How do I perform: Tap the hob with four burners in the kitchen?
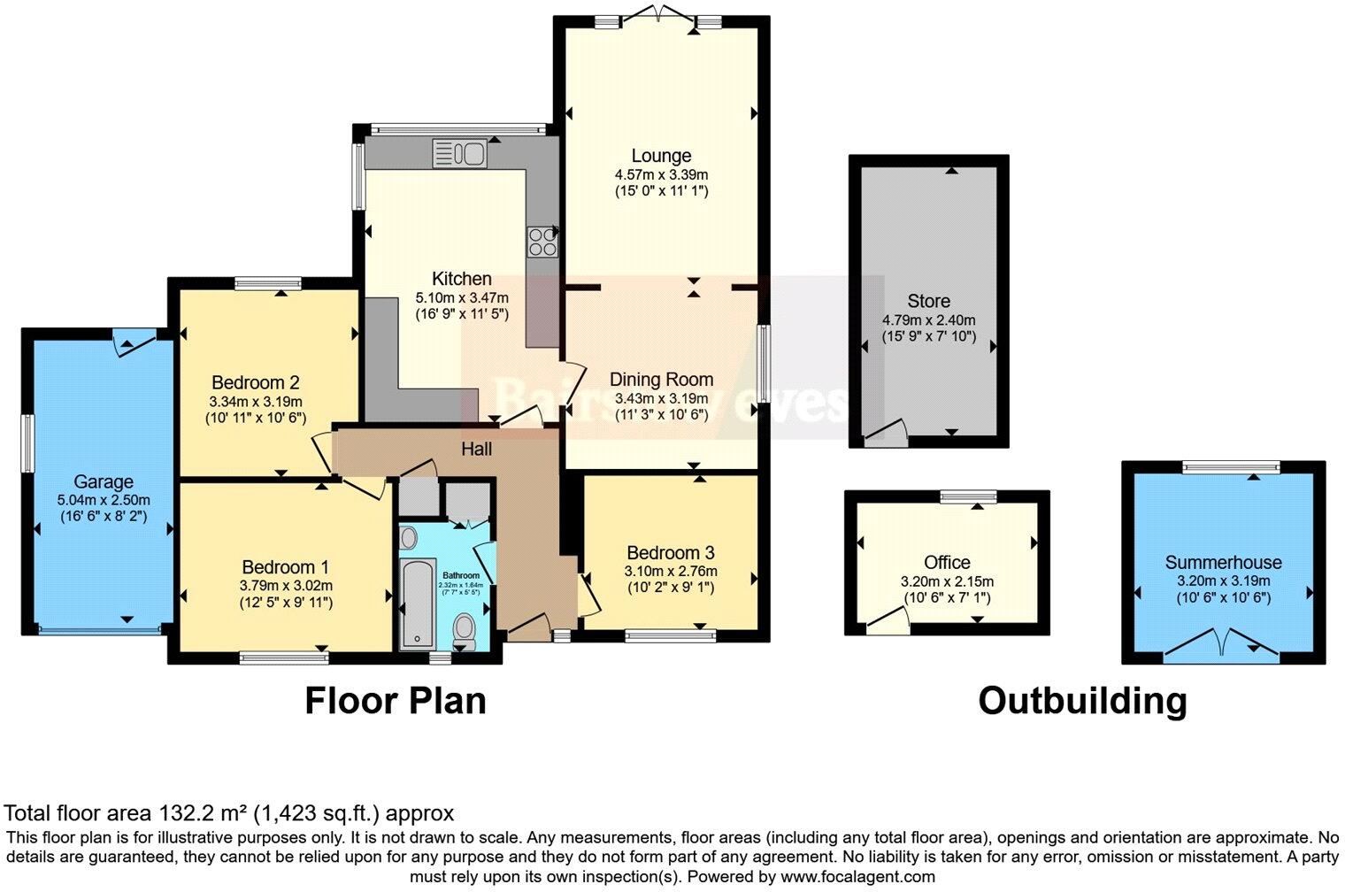pos(542,242)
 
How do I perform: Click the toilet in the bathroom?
pos(464,629)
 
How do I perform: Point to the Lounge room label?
pos(661,157)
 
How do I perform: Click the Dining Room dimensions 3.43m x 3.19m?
pos(661,398)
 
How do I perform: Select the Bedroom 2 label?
pos(255,382)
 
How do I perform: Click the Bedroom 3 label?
pos(670,551)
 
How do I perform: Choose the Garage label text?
pos(104,481)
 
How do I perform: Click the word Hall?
pos(476,450)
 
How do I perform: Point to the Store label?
pos(928,301)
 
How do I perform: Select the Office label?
pos(947,562)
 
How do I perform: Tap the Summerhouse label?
pos(1223,562)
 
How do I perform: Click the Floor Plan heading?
pos(396,700)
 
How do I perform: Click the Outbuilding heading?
pos(1082,700)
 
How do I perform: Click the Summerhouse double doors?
pos(1221,643)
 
